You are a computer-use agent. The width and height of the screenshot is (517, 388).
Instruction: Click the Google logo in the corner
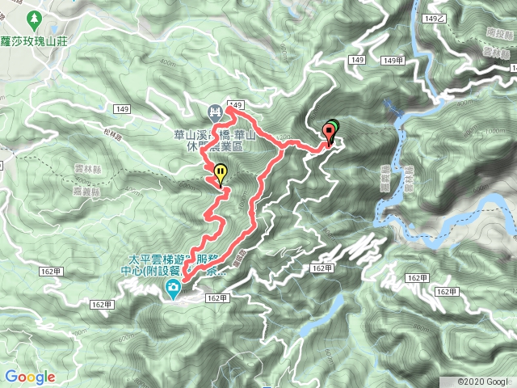pyautogui.click(x=30, y=377)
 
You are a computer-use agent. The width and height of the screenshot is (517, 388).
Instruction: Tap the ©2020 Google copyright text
pyautogui.click(x=483, y=381)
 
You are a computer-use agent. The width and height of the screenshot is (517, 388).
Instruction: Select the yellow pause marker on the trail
pyautogui.click(x=221, y=172)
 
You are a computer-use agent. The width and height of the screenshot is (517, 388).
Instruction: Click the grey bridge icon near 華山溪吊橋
pyautogui.click(x=216, y=111)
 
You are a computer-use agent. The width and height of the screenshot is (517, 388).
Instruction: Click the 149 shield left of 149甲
pyautogui.click(x=359, y=60)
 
